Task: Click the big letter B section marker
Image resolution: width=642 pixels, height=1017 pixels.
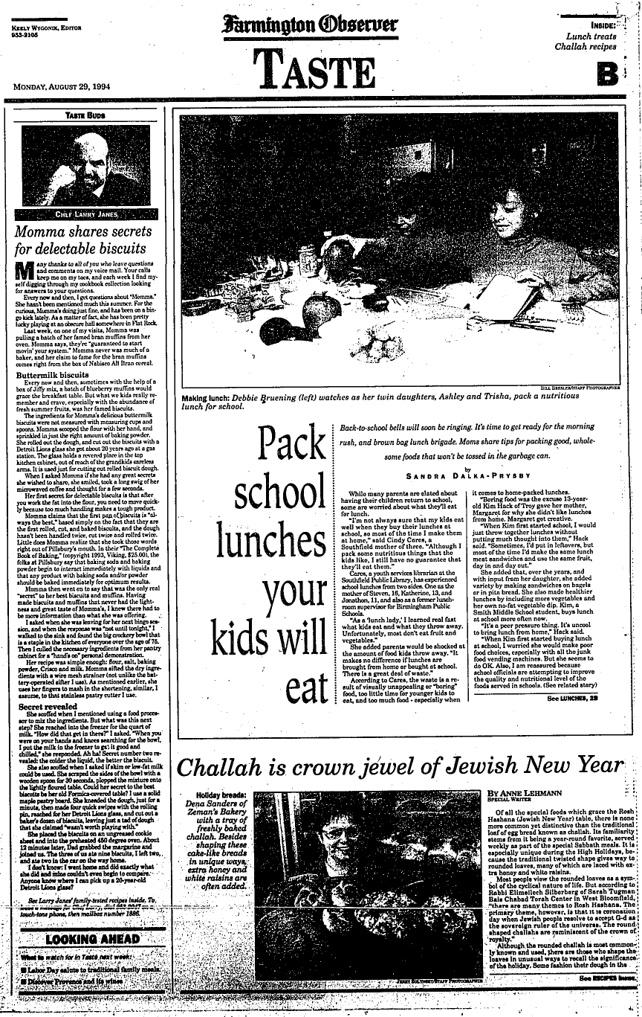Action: [x=608, y=73]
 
